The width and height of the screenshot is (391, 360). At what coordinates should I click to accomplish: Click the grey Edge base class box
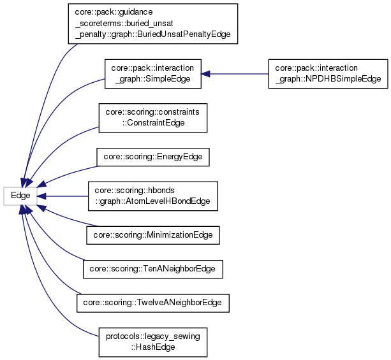pyautogui.click(x=20, y=196)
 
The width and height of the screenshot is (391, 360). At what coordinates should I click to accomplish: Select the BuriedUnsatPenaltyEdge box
pyautogui.click(x=152, y=24)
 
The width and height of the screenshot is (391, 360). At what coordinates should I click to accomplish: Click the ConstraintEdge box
pyautogui.click(x=153, y=117)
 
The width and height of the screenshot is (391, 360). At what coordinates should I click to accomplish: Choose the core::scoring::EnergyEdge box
pyautogui.click(x=152, y=157)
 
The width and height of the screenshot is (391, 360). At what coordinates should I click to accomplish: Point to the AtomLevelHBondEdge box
pyautogui.click(x=152, y=196)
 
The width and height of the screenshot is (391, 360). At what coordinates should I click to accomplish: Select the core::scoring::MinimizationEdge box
pyautogui.click(x=153, y=235)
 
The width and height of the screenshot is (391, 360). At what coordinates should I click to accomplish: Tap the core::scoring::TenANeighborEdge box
pyautogui.click(x=153, y=270)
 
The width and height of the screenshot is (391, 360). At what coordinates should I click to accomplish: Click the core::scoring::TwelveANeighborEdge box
pyautogui.click(x=152, y=303)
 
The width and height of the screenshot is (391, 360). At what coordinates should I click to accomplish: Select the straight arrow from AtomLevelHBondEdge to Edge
pyautogui.click(x=64, y=196)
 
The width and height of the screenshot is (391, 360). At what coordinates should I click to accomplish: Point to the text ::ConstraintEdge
pyautogui.click(x=153, y=122)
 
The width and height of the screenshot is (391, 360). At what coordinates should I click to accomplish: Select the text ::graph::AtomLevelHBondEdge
pyautogui.click(x=152, y=201)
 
